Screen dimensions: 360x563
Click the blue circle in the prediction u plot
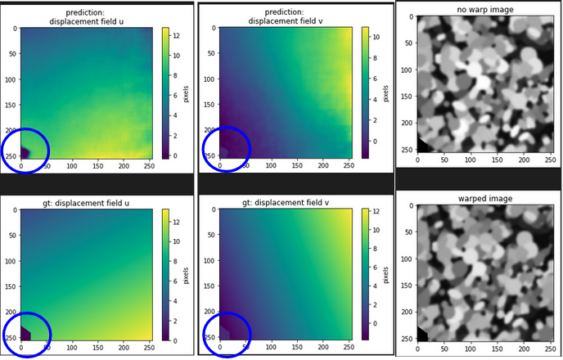[24, 151]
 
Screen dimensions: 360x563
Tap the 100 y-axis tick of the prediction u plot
[11, 79]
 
